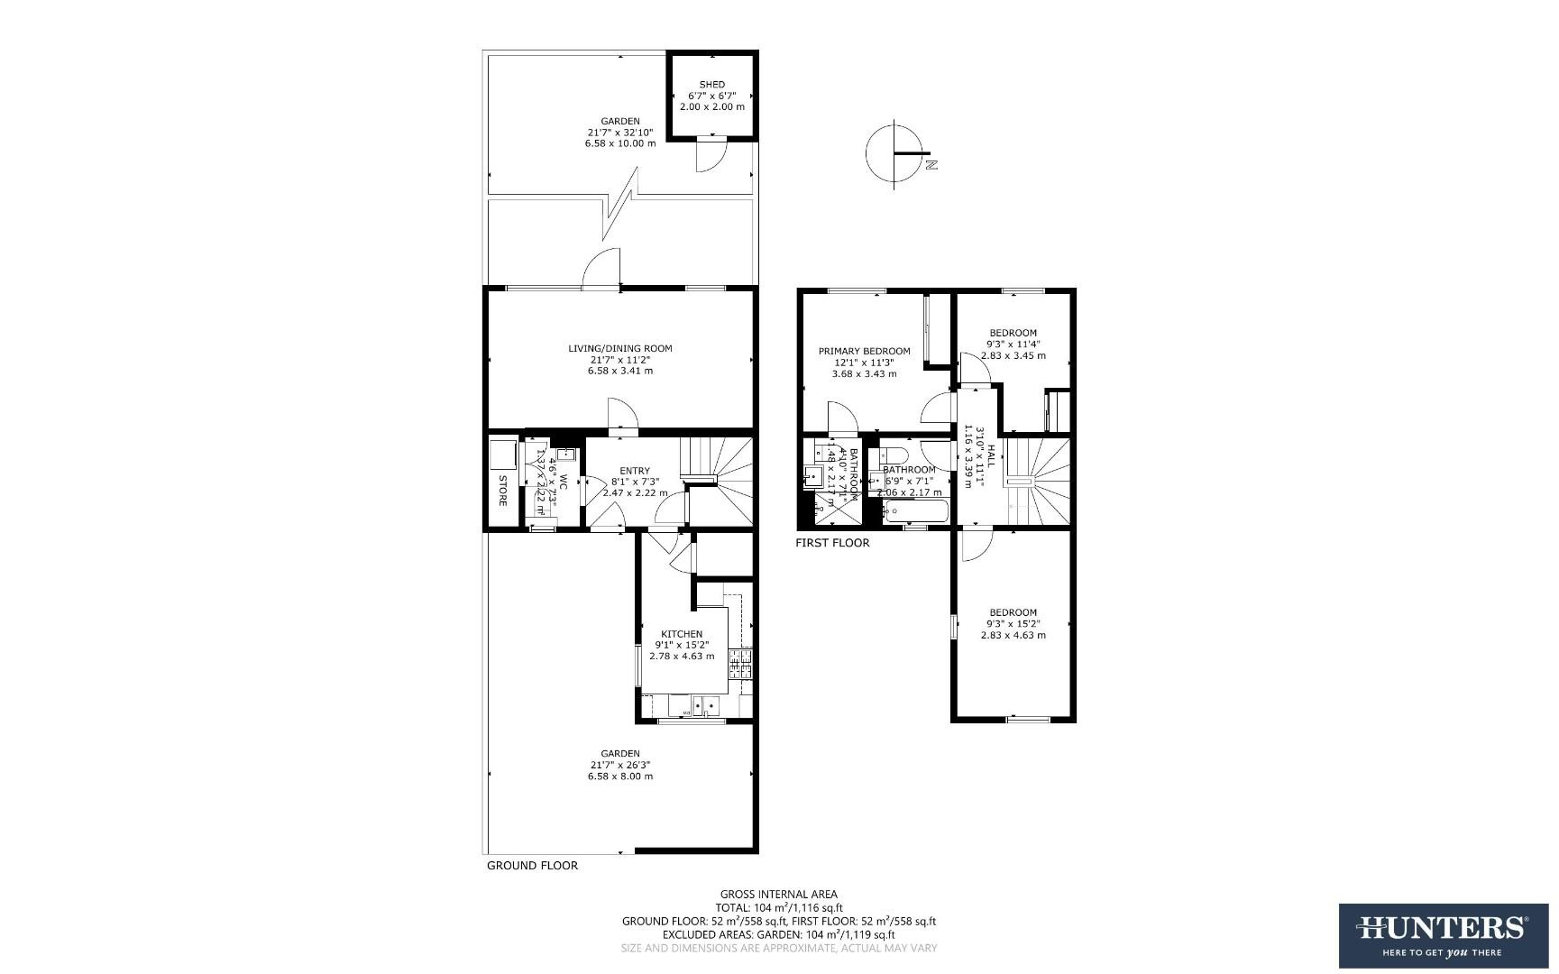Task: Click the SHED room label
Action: click(x=711, y=85)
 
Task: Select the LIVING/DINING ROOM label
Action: click(x=619, y=349)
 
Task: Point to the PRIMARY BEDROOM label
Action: click(x=864, y=352)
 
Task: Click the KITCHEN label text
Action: click(x=681, y=634)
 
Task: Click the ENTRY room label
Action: click(x=634, y=471)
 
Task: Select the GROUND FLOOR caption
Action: click(x=532, y=866)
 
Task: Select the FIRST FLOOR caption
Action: click(x=832, y=543)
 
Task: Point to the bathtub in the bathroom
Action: click(x=915, y=511)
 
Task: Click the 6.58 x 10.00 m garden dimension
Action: click(x=620, y=143)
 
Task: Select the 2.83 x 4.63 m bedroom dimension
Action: click(x=1013, y=635)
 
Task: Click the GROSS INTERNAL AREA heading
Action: click(x=778, y=895)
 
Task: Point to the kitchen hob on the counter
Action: click(x=740, y=665)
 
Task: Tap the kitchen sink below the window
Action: click(x=704, y=705)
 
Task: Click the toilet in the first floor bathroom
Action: click(x=894, y=454)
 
